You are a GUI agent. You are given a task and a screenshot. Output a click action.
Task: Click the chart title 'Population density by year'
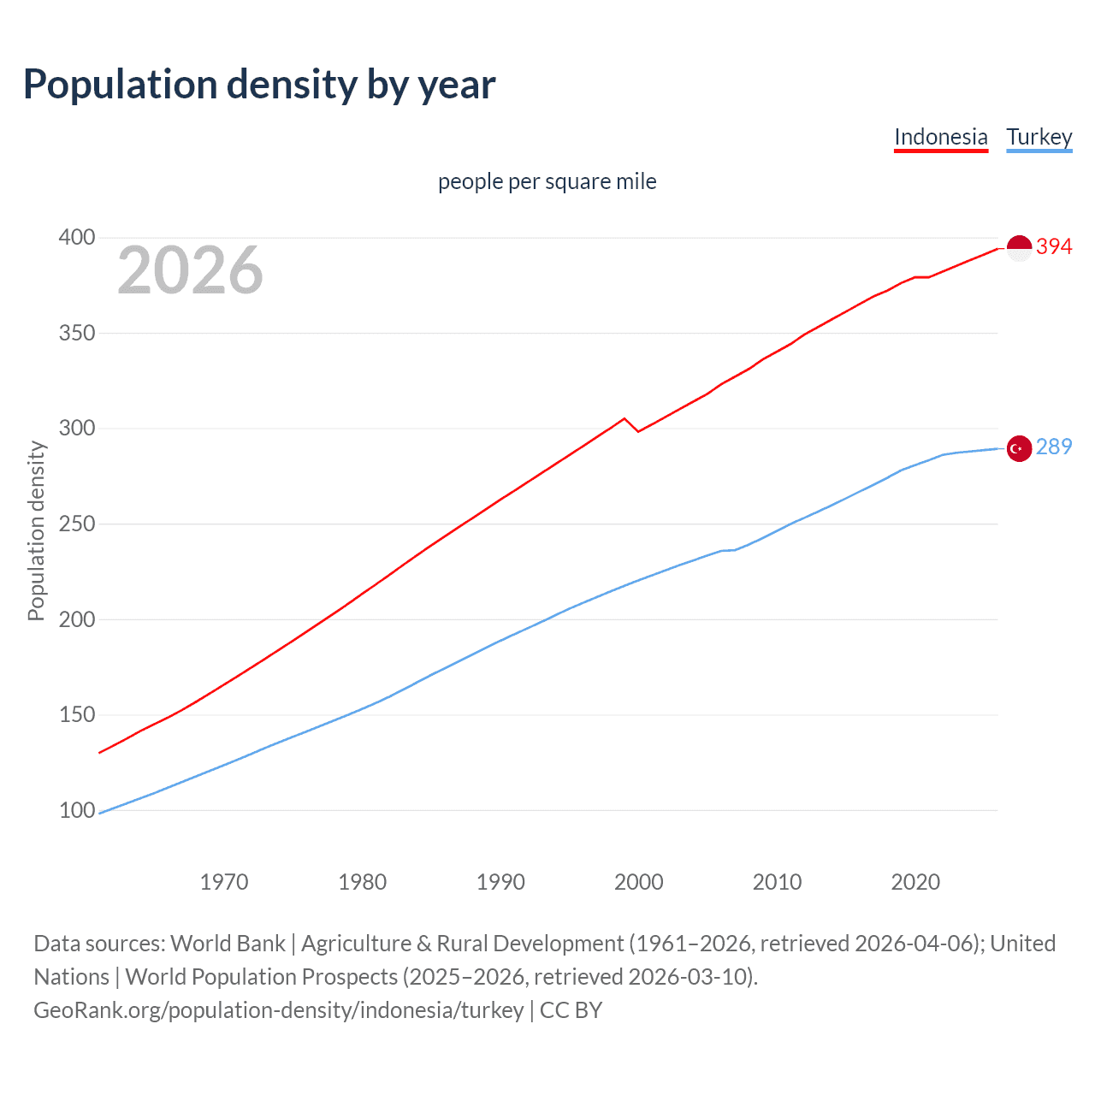[259, 85]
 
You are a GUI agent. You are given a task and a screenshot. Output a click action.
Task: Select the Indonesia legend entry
[940, 137]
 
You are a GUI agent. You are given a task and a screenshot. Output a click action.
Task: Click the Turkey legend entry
[1039, 137]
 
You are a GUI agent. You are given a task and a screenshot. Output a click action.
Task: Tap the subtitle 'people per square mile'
[547, 181]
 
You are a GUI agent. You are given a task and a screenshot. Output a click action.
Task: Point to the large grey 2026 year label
[190, 270]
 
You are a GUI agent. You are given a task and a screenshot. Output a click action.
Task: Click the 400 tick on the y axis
[77, 237]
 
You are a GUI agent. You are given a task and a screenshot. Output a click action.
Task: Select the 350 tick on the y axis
[77, 333]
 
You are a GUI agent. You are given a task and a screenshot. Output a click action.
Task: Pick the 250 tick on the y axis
[77, 524]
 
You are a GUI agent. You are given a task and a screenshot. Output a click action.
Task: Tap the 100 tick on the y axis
[77, 810]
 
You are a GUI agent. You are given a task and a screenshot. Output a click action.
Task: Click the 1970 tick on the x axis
[224, 882]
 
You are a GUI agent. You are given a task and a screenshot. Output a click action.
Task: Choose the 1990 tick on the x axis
[500, 882]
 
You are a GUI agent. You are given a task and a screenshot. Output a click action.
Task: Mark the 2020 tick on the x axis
[915, 882]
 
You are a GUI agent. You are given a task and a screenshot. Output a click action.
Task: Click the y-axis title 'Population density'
[36, 530]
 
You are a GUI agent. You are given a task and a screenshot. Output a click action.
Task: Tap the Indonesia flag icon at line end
[1019, 248]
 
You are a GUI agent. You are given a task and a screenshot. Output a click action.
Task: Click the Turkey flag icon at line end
[1019, 448]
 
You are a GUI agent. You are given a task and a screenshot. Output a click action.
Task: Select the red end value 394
[1054, 246]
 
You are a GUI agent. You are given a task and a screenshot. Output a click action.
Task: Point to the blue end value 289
[1054, 447]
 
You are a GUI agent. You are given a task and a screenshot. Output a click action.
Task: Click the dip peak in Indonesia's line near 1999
[624, 418]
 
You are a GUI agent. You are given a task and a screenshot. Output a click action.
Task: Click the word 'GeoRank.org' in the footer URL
[99, 1010]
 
